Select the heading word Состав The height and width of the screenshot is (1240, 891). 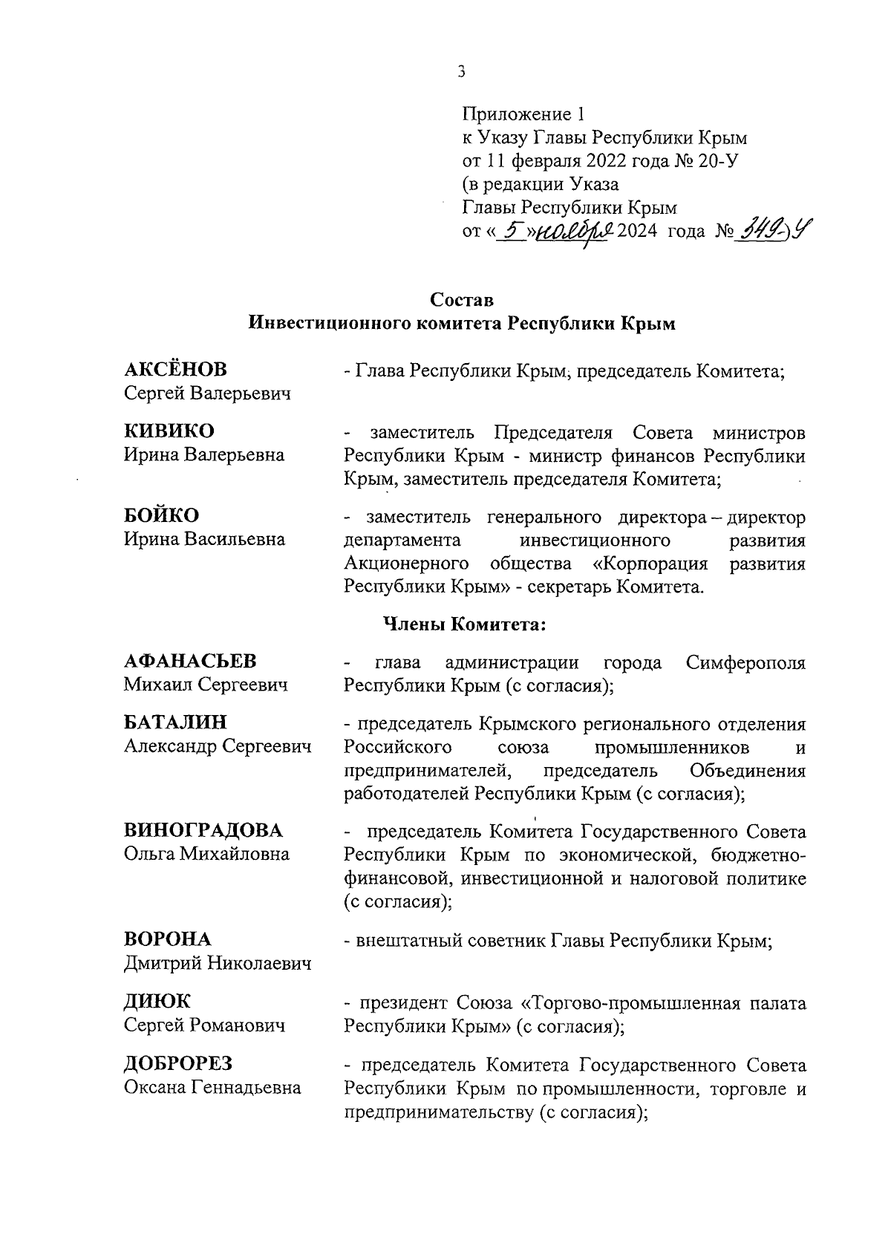[462, 300]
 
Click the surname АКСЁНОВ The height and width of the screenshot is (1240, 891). [175, 369]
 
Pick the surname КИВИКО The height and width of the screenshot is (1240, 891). [169, 431]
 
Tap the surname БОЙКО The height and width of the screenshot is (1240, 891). [161, 515]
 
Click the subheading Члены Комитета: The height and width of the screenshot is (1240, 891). [464, 624]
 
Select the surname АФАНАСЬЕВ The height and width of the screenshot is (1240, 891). [190, 661]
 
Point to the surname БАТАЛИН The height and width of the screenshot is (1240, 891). [175, 722]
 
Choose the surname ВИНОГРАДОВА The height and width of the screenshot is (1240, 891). [203, 830]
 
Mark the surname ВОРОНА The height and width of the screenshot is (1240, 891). [167, 939]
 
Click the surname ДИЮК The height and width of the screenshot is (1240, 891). [157, 1002]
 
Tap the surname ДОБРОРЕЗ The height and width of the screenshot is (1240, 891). [178, 1063]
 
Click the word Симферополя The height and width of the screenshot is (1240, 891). [745, 662]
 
